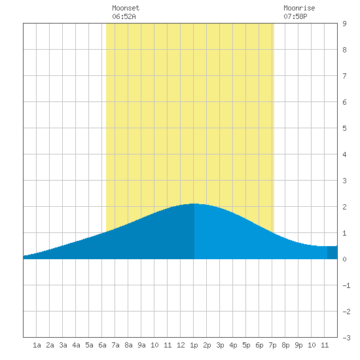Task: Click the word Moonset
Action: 126,8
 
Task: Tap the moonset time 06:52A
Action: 124,16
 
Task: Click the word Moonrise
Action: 299,8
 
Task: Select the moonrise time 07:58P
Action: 295,16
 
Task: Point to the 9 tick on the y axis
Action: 344,24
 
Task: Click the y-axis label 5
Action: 344,128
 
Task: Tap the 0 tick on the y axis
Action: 344,259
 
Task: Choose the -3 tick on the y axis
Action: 346,338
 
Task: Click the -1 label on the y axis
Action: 346,285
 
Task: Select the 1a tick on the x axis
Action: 37,345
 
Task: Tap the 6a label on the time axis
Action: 102,345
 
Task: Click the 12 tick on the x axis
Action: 181,345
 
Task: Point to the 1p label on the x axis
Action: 194,345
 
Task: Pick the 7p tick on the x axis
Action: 272,345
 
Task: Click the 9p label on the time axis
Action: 298,345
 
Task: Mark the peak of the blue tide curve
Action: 194,204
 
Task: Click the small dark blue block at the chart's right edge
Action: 333,253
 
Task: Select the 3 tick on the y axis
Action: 344,181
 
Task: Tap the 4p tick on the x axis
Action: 233,345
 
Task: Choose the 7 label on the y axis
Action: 344,76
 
